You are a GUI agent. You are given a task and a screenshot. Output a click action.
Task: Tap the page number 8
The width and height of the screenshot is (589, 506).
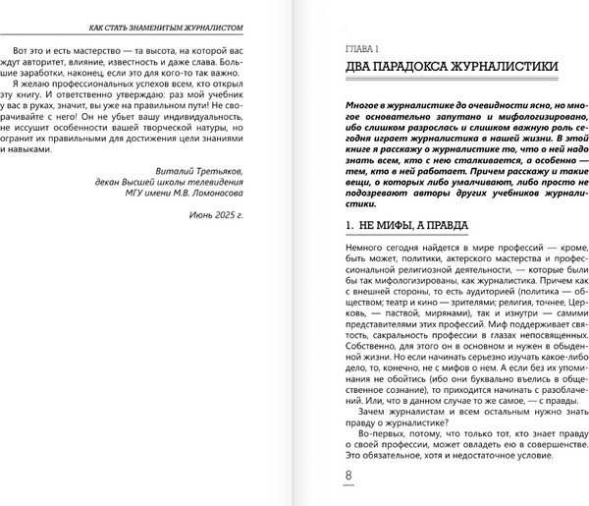[x=348, y=478]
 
